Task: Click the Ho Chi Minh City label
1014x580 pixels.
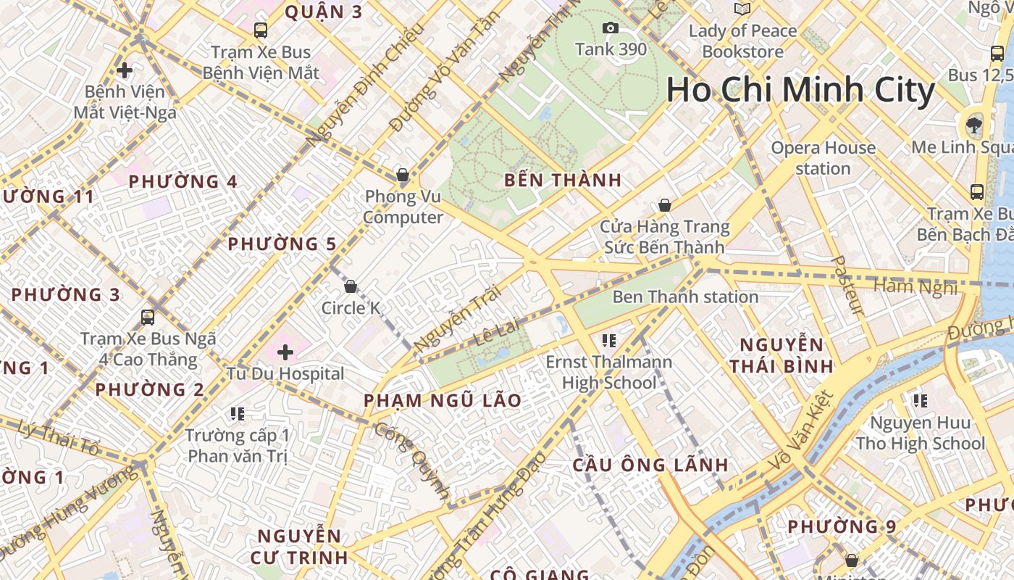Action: point(800,91)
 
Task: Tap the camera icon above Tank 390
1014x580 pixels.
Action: point(611,28)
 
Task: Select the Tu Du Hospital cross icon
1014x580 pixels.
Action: point(285,353)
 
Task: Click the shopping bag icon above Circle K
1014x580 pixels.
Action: point(351,286)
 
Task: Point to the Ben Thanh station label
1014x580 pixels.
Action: point(685,297)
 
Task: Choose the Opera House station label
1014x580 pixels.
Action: point(823,158)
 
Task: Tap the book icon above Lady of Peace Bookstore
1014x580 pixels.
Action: point(742,9)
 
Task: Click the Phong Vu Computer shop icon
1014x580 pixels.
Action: point(403,175)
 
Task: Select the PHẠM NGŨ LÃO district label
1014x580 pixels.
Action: point(443,400)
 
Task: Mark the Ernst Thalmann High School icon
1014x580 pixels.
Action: point(609,340)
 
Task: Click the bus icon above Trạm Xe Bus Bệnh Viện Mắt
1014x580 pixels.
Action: point(261,30)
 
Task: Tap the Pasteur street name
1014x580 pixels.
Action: point(847,286)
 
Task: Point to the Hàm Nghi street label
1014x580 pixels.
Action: point(915,287)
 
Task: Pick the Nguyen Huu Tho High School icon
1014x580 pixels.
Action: point(921,401)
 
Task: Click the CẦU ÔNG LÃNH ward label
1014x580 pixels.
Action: point(650,465)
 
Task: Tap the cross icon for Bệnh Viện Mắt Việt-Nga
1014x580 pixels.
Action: point(125,70)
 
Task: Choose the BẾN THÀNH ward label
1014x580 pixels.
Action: point(563,181)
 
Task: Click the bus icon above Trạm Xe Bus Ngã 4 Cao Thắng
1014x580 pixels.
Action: point(148,317)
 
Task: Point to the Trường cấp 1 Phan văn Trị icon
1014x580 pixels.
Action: point(237,414)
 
